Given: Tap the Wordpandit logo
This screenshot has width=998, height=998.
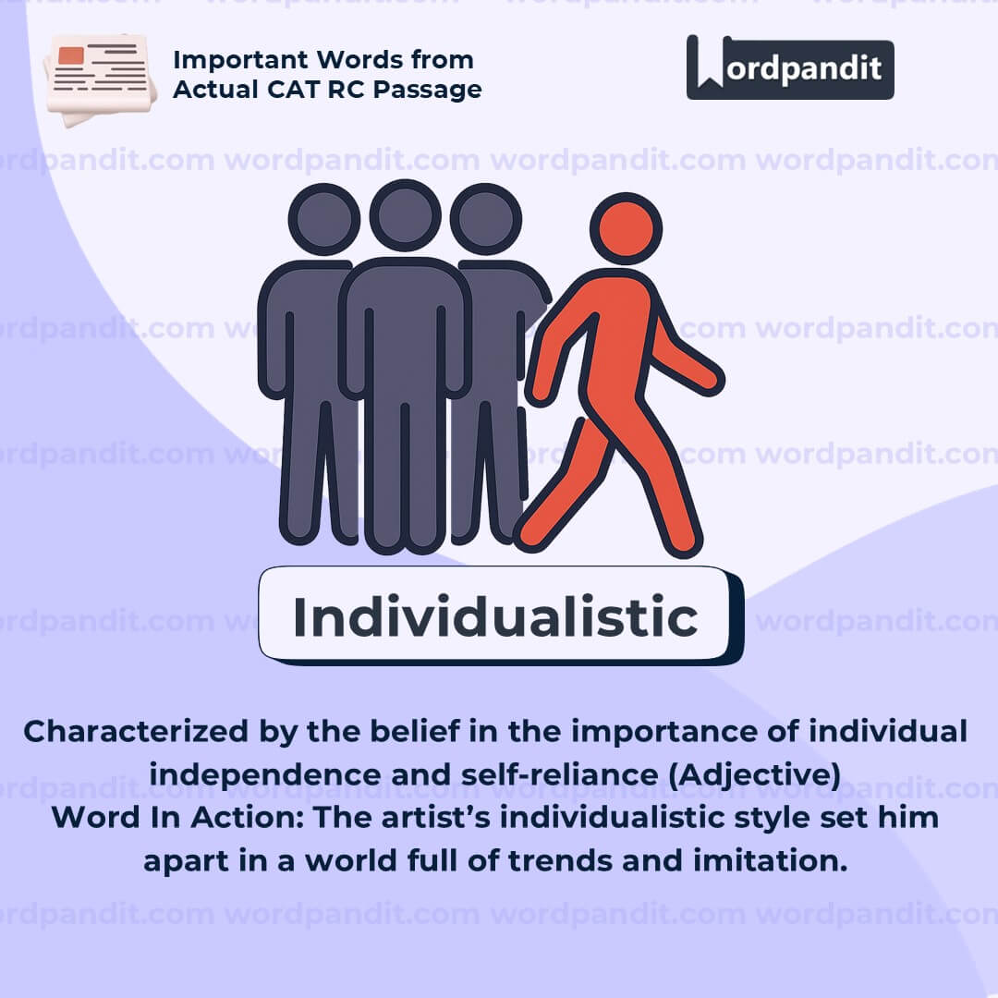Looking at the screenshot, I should click(790, 67).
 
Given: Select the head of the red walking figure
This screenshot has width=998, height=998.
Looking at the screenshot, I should click(626, 228).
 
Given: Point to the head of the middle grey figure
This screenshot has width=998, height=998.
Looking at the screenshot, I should click(405, 215).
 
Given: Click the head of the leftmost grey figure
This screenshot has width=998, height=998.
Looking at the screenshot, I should click(323, 220).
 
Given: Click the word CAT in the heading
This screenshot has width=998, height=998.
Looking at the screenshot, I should click(313, 90).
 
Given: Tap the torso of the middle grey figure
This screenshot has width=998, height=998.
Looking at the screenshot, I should click(405, 323).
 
